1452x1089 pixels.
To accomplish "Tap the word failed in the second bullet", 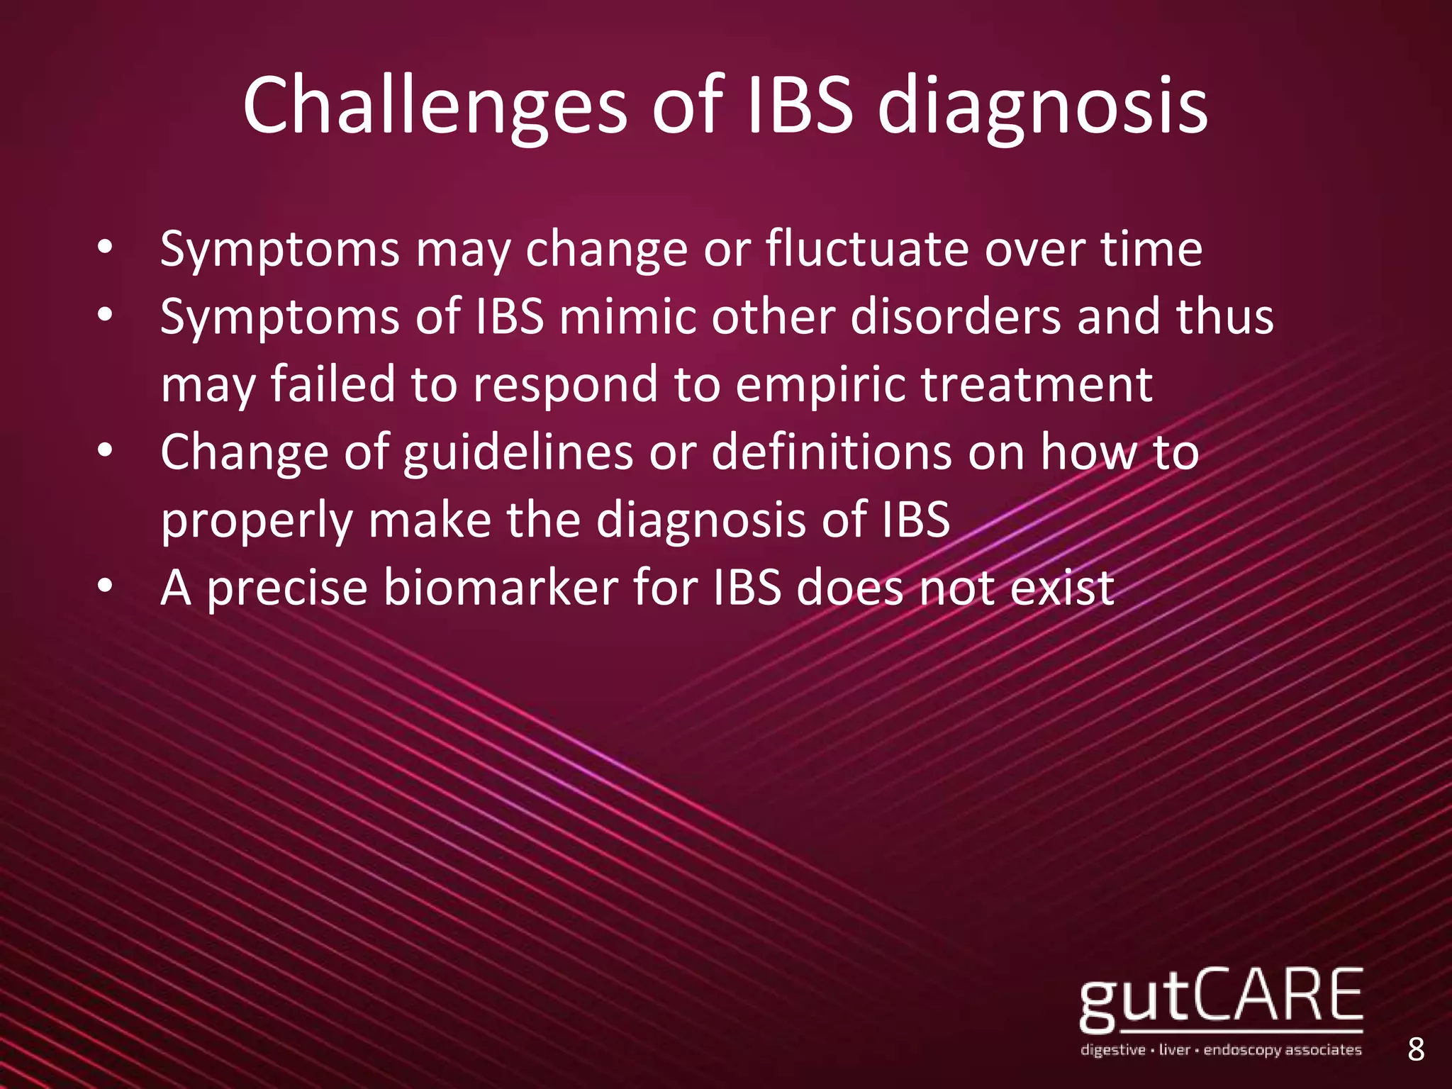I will coord(333,385).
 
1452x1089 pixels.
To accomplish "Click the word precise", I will coord(287,588).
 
